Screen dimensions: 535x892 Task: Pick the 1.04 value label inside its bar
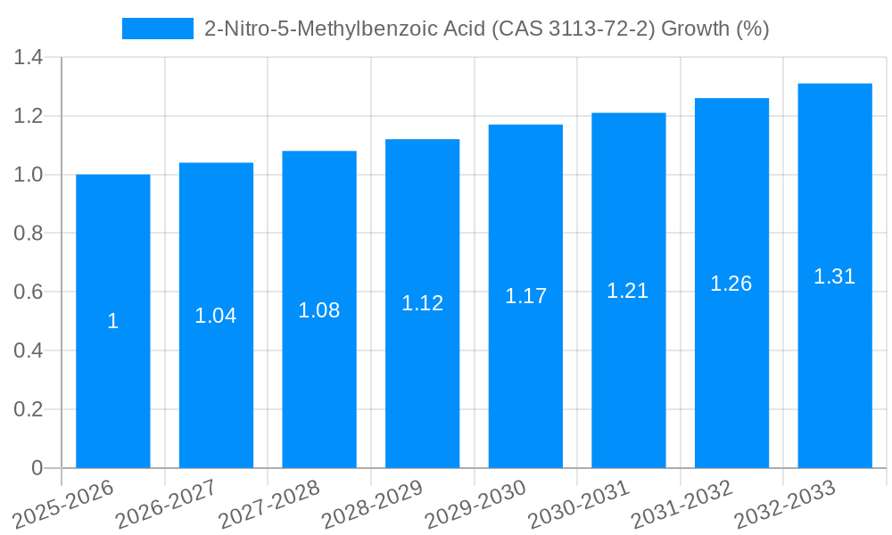point(216,316)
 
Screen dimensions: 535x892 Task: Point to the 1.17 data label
point(525,296)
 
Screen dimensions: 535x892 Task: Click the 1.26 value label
point(731,284)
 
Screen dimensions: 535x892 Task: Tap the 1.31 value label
point(834,276)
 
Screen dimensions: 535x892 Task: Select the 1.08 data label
point(318,310)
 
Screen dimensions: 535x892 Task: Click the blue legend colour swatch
point(158,29)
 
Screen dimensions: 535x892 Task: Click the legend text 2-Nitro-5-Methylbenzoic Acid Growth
point(486,29)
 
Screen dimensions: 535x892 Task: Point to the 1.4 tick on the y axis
point(29,58)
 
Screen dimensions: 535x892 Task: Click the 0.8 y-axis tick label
point(29,234)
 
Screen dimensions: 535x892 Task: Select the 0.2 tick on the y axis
point(29,409)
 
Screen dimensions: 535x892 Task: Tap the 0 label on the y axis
point(37,468)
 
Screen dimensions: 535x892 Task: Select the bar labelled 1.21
point(628,374)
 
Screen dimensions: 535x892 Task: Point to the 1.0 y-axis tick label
point(29,175)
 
